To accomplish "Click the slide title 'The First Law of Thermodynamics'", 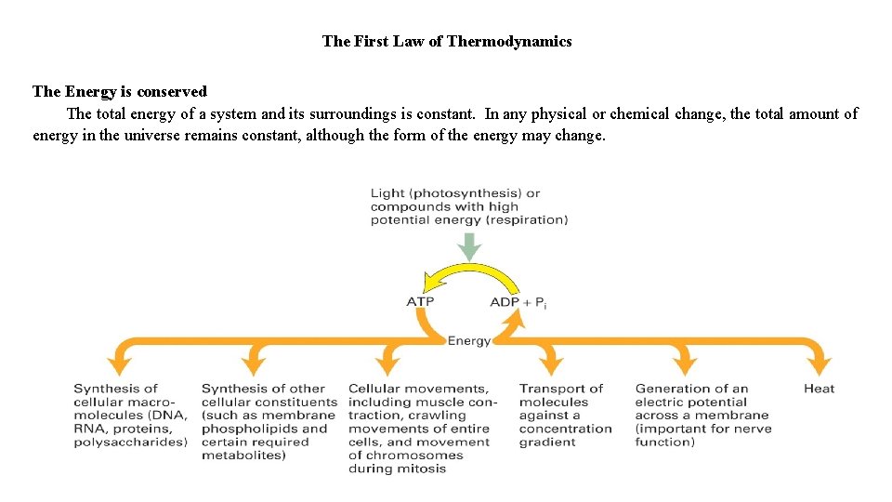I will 447,41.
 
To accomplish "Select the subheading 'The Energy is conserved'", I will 119,91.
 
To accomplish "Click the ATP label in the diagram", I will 420,301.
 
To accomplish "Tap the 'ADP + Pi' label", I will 518,302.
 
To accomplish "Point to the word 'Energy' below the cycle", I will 469,341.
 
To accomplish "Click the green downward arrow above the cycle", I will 470,246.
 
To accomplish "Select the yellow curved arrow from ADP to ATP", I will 469,273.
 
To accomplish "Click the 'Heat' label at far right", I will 819,389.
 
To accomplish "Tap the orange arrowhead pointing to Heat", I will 819,365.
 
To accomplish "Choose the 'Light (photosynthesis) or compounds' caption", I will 469,206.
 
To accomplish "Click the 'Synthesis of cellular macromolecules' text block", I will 130,415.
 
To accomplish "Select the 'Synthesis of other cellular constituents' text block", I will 269,421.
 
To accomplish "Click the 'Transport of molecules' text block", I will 565,415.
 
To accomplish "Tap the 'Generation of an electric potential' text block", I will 702,415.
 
